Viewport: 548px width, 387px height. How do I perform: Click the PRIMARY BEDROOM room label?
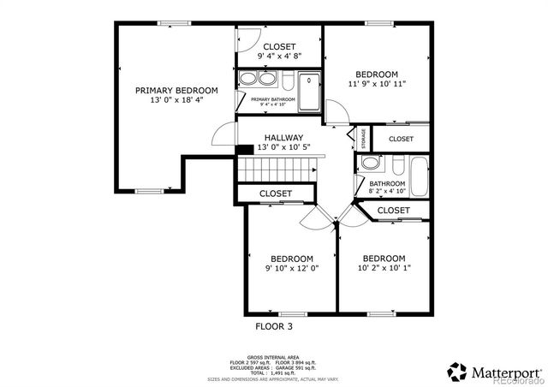tap(176, 90)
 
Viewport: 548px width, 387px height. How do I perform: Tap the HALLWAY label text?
tap(283, 137)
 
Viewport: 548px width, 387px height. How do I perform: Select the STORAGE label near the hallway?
tap(364, 138)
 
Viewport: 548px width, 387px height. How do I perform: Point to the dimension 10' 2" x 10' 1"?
tap(383, 269)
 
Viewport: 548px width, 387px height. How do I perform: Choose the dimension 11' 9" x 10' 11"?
tap(377, 84)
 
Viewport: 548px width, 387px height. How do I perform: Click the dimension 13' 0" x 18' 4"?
tap(176, 100)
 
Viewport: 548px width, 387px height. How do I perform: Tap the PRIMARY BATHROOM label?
tap(273, 100)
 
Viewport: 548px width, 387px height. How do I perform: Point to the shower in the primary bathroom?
tap(309, 90)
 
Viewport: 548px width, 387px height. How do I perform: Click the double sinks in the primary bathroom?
tap(257, 80)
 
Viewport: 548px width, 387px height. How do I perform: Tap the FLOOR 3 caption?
tap(280, 326)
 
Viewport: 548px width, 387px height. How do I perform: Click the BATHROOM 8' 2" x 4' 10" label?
tap(387, 188)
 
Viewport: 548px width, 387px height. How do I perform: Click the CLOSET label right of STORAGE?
tap(401, 139)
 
